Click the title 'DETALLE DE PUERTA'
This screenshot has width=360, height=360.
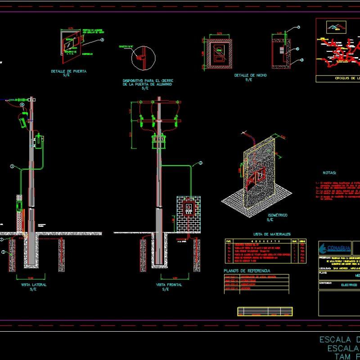(x=69, y=71)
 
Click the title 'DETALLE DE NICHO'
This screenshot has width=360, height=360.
(x=250, y=75)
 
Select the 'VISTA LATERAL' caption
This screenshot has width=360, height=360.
(x=34, y=285)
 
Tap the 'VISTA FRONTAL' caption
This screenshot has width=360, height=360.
(x=165, y=285)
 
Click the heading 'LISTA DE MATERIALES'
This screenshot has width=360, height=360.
(x=272, y=234)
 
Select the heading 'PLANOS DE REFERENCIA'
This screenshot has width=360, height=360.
(x=247, y=270)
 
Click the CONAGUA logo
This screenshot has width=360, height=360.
(x=333, y=248)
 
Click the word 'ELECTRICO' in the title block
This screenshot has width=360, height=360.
(x=348, y=285)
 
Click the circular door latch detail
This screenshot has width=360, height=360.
(x=143, y=58)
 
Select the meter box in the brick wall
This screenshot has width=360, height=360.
(x=189, y=208)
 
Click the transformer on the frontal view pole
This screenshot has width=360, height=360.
(x=158, y=141)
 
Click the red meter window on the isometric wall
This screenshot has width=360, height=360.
(x=259, y=177)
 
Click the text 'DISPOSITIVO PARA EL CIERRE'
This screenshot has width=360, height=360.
(x=144, y=81)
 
